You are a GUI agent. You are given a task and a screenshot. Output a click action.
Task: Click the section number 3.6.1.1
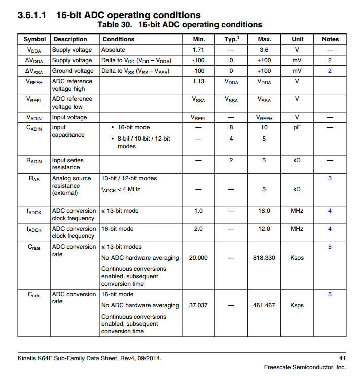(32, 15)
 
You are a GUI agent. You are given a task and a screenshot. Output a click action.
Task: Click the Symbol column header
(34, 39)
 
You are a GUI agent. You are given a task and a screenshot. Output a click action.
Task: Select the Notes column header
(330, 39)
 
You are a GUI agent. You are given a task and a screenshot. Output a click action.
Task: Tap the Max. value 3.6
(264, 50)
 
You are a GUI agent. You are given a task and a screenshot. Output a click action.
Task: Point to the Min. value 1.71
(198, 50)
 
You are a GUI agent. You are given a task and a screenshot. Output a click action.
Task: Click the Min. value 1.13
(198, 81)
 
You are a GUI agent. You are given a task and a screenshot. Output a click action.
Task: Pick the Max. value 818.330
(264, 258)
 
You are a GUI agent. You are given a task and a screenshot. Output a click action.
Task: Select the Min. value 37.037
(198, 305)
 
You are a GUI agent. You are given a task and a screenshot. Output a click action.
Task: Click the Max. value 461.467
(264, 305)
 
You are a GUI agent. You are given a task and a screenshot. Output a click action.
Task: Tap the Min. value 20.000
(198, 258)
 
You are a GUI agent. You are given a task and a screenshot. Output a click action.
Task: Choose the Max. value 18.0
(264, 211)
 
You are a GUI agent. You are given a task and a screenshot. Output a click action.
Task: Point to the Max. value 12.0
(264, 229)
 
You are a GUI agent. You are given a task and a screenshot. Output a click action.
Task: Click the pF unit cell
(297, 127)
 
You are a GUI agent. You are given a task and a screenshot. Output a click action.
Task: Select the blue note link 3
(330, 178)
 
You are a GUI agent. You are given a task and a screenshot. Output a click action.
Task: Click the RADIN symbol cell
(34, 161)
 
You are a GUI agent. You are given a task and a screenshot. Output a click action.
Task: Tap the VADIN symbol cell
(34, 118)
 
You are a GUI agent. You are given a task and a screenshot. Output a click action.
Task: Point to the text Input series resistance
(67, 164)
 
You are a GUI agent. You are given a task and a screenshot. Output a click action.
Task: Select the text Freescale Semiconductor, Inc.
(305, 367)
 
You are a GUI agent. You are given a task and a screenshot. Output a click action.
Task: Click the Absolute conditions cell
(115, 50)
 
